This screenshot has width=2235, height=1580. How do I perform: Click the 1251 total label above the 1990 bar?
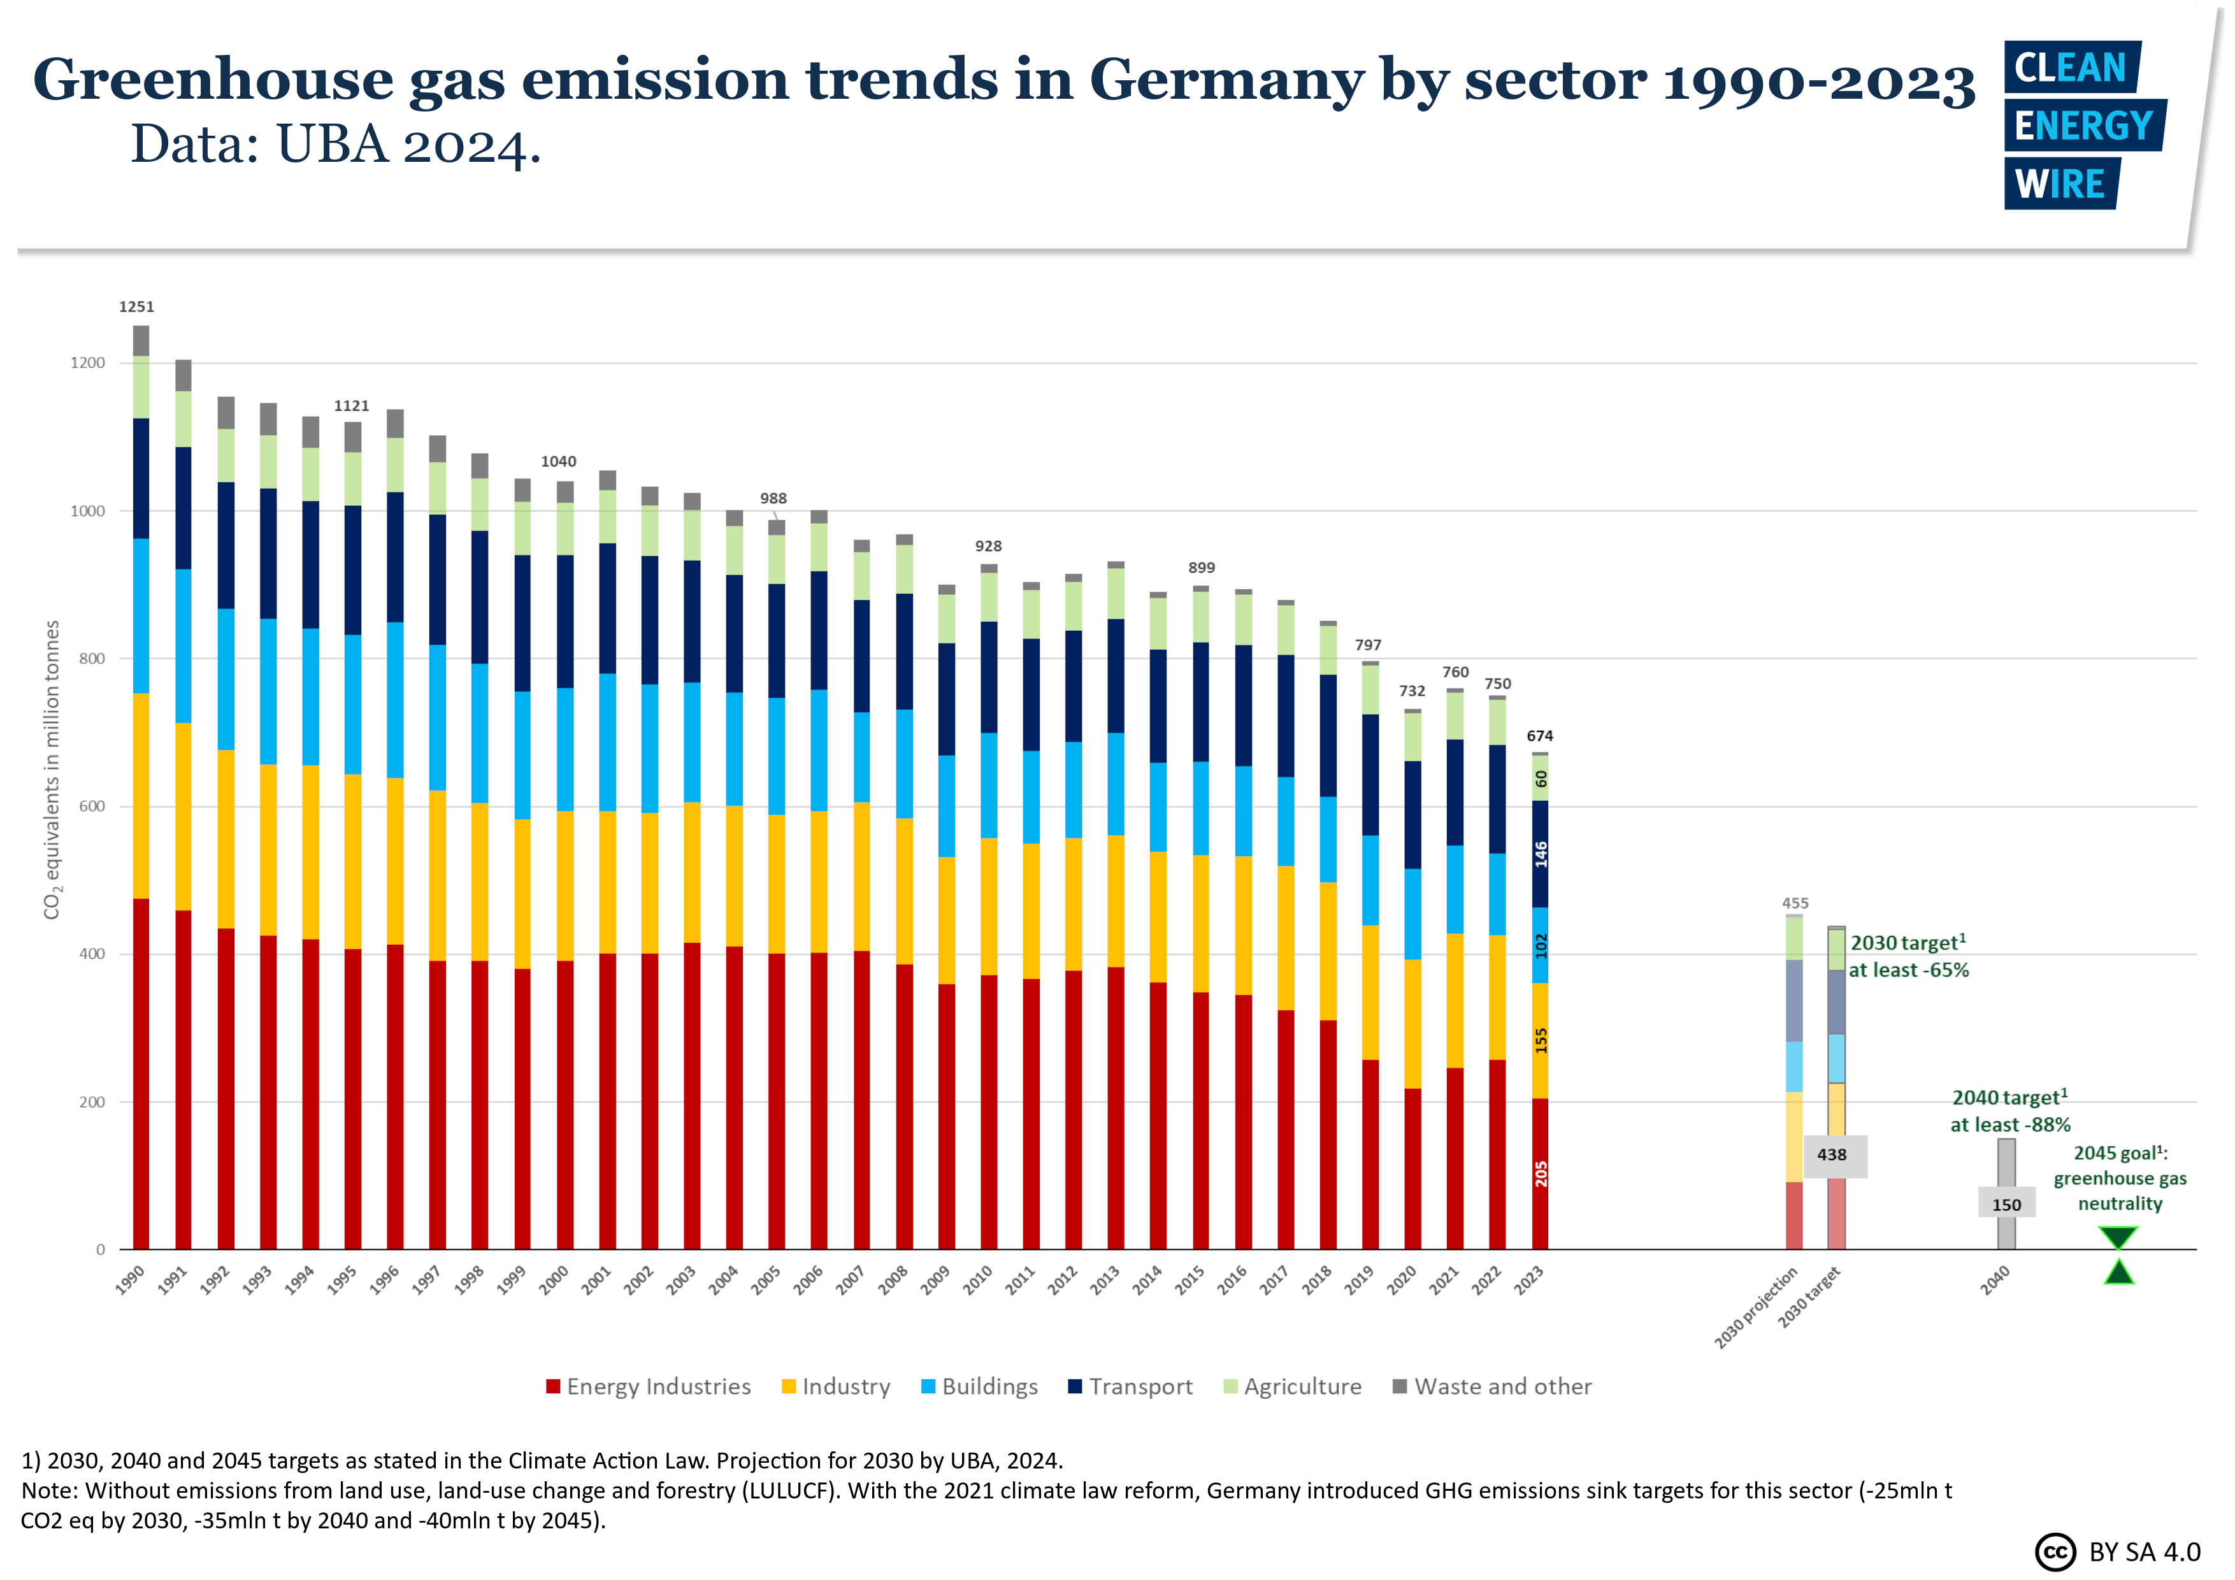pyautogui.click(x=136, y=306)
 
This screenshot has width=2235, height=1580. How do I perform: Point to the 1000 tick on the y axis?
pyautogui.click(x=88, y=511)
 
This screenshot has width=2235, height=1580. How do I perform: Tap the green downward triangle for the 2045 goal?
pyautogui.click(x=2118, y=1237)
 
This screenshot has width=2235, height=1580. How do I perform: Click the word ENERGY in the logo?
pyautogui.click(x=2083, y=126)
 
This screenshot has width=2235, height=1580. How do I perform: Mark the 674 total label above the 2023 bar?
pyautogui.click(x=1540, y=736)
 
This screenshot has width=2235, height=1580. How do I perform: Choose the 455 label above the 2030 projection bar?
pyautogui.click(x=1795, y=903)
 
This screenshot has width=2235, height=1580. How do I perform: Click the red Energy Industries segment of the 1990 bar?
pyautogui.click(x=141, y=1071)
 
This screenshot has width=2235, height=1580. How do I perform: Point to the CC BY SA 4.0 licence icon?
pyautogui.click(x=2055, y=1552)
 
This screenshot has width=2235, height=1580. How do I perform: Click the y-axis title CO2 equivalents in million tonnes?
pyautogui.click(x=52, y=769)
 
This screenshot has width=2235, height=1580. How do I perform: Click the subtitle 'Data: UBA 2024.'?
pyautogui.click(x=336, y=146)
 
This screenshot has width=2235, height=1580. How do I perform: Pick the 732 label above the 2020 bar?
pyautogui.click(x=1412, y=691)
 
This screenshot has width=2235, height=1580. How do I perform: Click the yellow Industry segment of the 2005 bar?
pyautogui.click(x=776, y=884)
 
